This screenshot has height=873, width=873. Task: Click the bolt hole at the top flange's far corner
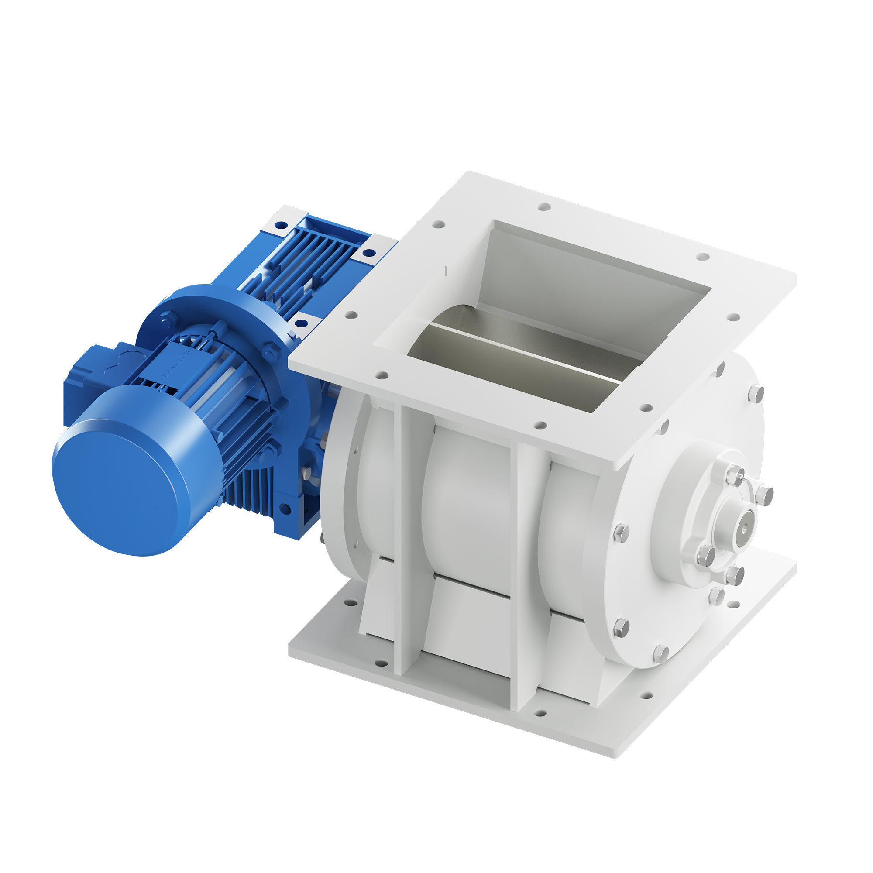tap(544, 207)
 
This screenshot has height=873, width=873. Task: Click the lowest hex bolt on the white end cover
tap(660, 653)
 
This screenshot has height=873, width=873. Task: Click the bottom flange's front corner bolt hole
tap(540, 714)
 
